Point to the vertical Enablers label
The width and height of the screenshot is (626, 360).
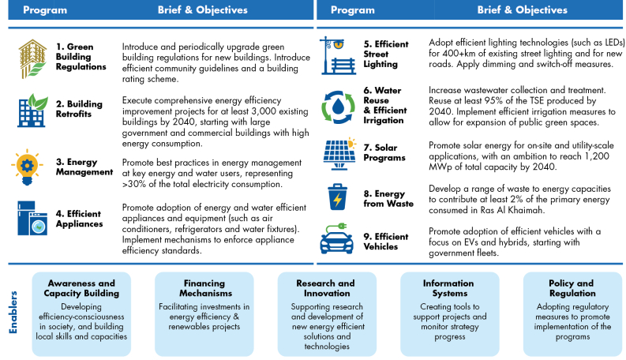coord(13,313)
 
